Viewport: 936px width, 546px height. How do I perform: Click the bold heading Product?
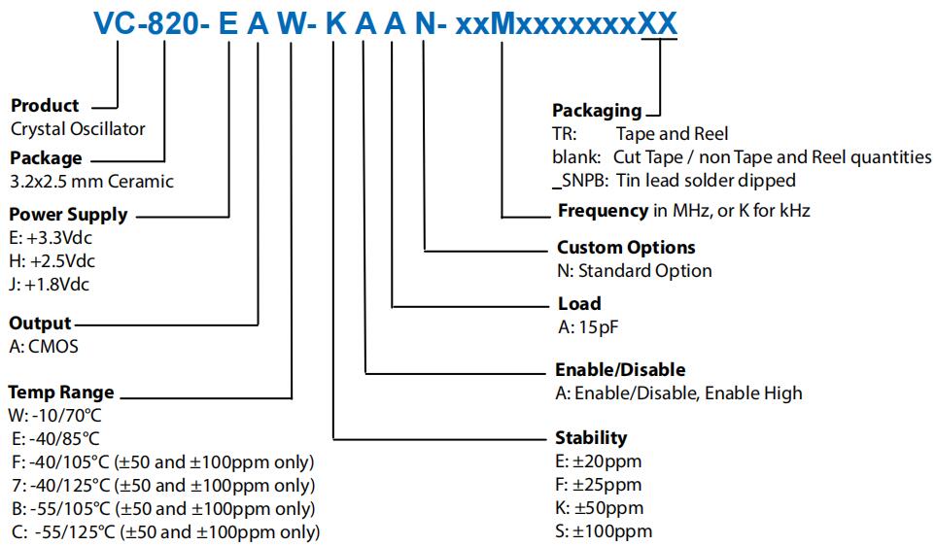44,105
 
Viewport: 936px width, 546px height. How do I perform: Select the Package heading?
46,158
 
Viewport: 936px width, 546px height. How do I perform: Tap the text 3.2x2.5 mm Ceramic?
91,181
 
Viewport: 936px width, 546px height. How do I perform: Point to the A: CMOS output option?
44,346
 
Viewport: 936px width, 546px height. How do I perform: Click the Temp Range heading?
61,392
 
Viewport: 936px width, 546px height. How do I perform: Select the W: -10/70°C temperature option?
54,416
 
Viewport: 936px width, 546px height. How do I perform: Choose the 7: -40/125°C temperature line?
161,486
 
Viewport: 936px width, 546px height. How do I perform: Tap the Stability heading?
591,437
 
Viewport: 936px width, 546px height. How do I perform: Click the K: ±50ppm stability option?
599,508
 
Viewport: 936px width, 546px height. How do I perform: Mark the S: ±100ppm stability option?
604,531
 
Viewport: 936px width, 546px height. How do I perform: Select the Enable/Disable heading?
620,369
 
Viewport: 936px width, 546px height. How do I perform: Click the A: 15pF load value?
588,326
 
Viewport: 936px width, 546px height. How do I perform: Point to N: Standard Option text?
634,271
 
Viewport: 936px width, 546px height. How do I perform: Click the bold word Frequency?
603,210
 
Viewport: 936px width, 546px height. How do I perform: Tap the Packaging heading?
597,111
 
